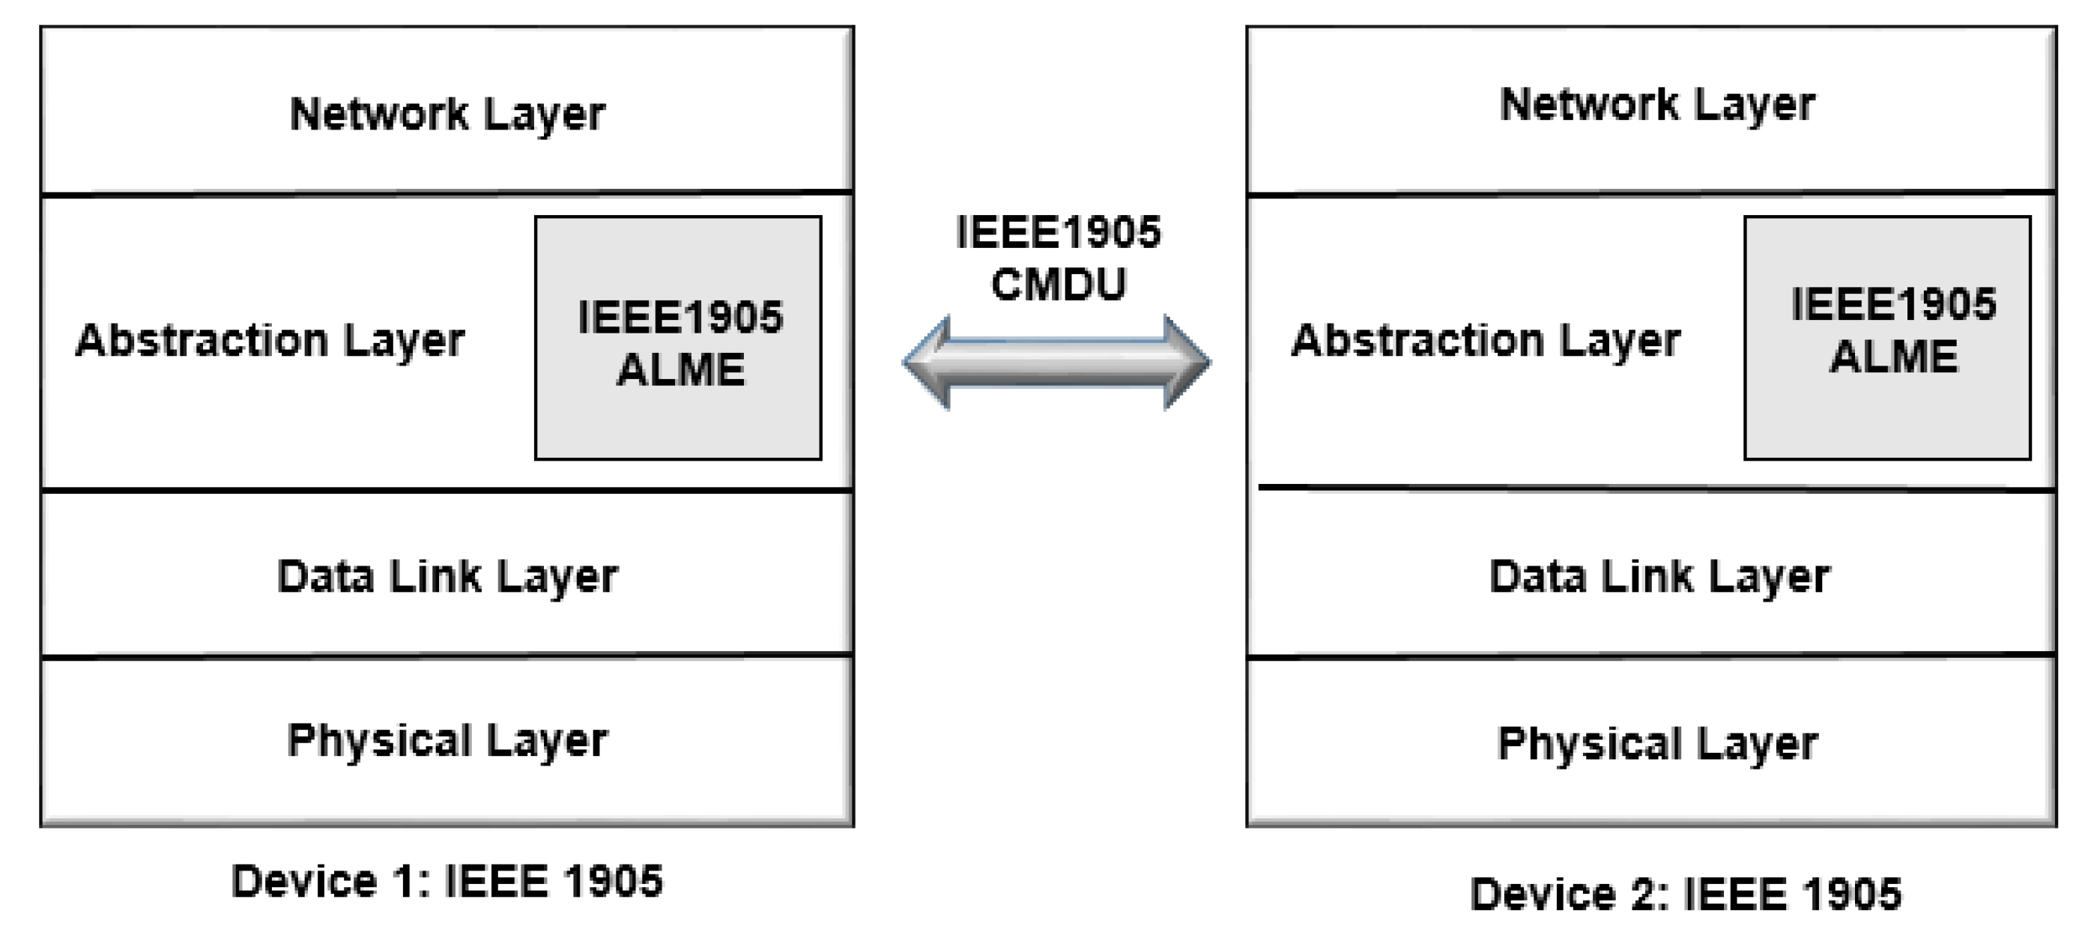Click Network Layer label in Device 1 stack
click(447, 114)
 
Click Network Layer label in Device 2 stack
click(1657, 105)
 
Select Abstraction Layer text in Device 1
click(270, 340)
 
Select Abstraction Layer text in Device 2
click(1486, 340)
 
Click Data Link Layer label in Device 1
click(447, 576)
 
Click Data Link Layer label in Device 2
click(1659, 576)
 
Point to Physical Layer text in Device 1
click(447, 740)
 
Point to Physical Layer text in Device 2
click(1657, 742)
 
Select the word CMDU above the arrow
click(1058, 285)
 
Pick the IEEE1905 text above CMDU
click(1058, 232)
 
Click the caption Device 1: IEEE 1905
click(447, 880)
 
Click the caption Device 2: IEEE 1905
click(1686, 893)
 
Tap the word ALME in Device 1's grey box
click(681, 370)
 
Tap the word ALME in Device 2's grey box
click(1894, 357)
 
